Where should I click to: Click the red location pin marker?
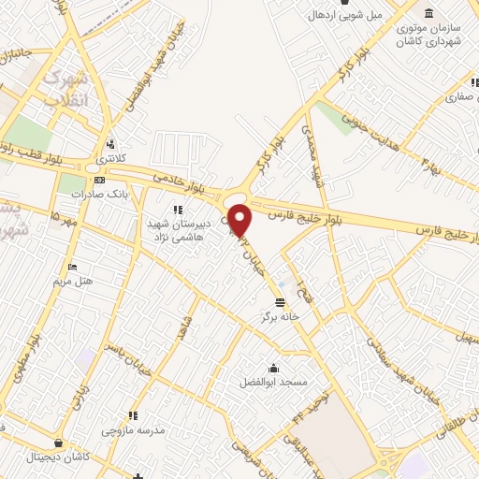coord(240,222)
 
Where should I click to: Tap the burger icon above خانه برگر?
coord(281,300)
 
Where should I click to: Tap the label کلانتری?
coord(113,160)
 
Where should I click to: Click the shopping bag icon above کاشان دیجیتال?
coord(60,443)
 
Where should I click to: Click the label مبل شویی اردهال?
coord(347,16)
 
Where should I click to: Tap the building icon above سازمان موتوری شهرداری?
coord(429,13)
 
